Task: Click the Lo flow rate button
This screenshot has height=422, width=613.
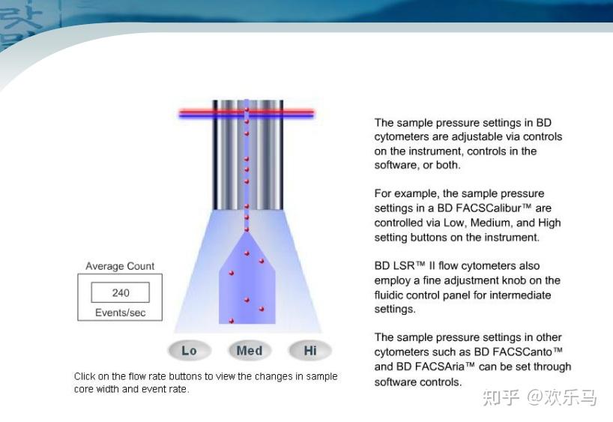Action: click(x=190, y=351)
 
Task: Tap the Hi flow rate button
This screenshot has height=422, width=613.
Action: click(x=310, y=351)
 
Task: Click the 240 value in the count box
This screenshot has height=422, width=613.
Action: click(x=121, y=292)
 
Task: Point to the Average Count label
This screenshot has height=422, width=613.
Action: click(x=120, y=266)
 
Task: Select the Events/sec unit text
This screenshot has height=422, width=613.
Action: click(x=120, y=313)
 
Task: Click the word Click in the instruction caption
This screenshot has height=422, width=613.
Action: click(x=84, y=376)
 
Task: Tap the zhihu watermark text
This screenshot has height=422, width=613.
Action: click(x=540, y=397)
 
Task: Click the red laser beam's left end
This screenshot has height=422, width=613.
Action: click(x=180, y=112)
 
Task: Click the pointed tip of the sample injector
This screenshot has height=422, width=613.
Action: click(x=247, y=232)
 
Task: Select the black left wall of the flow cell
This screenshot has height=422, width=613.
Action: click(x=214, y=155)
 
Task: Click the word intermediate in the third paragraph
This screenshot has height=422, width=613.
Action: click(x=520, y=295)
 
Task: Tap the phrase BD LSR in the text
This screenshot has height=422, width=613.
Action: click(x=394, y=265)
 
